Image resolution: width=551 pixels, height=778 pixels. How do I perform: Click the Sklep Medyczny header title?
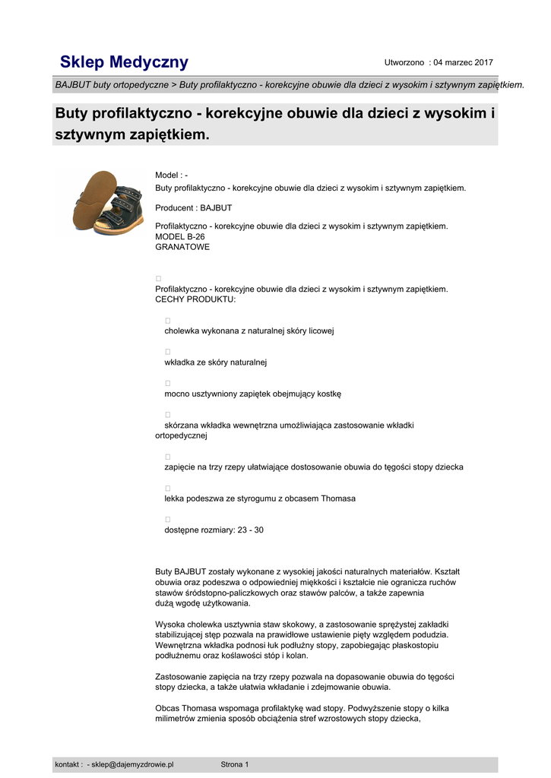click(x=124, y=62)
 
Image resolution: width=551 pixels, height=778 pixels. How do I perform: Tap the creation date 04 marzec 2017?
click(x=463, y=62)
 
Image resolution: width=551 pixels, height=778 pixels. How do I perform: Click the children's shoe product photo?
click(x=106, y=202)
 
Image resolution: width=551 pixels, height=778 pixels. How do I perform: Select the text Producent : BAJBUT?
click(x=193, y=207)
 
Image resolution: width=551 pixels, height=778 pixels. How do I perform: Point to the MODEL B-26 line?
click(x=179, y=236)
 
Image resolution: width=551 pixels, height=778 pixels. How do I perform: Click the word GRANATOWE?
click(x=182, y=247)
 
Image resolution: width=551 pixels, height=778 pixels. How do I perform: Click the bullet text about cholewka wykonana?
click(x=249, y=331)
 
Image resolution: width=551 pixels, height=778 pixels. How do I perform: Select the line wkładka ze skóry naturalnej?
click(x=215, y=362)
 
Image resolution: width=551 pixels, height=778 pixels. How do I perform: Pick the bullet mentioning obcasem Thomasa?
click(x=260, y=498)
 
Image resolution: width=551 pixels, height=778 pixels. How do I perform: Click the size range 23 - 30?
click(x=250, y=530)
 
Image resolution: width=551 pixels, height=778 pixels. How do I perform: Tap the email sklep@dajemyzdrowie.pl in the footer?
click(x=132, y=764)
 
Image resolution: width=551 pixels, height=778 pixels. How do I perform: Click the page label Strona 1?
click(x=234, y=764)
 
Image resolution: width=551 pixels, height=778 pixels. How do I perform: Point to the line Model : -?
click(x=171, y=176)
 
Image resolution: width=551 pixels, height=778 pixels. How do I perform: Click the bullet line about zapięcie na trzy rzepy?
click(x=313, y=467)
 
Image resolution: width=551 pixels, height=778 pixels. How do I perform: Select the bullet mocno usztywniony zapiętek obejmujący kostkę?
click(x=253, y=394)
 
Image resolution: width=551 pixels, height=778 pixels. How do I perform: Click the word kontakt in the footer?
click(x=67, y=764)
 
